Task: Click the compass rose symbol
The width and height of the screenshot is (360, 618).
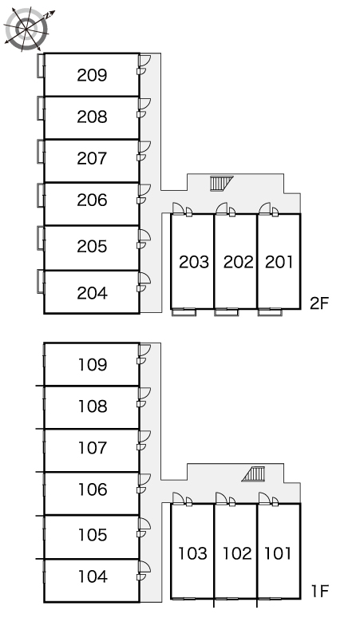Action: [26, 29]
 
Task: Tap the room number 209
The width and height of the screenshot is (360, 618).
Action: [92, 75]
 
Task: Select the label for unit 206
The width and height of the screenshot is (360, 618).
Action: [92, 200]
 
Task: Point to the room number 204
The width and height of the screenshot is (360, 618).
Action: [92, 293]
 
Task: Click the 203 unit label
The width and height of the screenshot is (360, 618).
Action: [194, 262]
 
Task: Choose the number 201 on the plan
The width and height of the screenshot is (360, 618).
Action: [279, 262]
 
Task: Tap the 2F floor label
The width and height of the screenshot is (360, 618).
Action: [319, 303]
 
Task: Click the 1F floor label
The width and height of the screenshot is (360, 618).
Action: [320, 591]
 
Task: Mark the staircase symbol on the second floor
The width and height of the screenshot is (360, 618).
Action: [222, 184]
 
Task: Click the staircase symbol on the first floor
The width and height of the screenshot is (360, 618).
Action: [253, 473]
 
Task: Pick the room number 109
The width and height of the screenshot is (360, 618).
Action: [93, 365]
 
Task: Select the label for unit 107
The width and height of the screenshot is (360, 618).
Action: [93, 448]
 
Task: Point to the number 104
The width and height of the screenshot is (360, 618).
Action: [93, 576]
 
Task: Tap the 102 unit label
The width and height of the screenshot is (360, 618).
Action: [237, 553]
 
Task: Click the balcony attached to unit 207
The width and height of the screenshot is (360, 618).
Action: [41, 152]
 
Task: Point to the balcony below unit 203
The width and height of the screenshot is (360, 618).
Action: [184, 312]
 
